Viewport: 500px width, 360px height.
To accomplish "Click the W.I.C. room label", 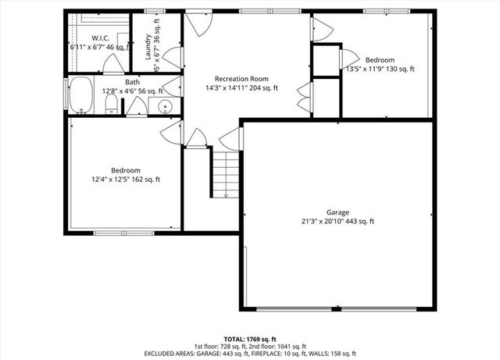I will (99, 37).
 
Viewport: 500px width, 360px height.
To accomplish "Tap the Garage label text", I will (337, 212).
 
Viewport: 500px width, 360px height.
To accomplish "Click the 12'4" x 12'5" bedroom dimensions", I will (125, 180).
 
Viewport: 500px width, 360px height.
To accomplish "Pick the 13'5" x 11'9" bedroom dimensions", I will (380, 69).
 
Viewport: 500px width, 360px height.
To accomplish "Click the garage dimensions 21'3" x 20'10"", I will (337, 221).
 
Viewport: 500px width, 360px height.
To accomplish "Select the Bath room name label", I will (133, 82).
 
